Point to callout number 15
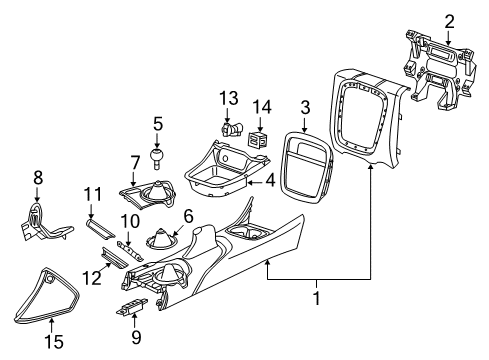point(58,342)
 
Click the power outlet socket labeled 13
point(231,127)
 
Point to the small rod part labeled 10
point(128,244)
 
